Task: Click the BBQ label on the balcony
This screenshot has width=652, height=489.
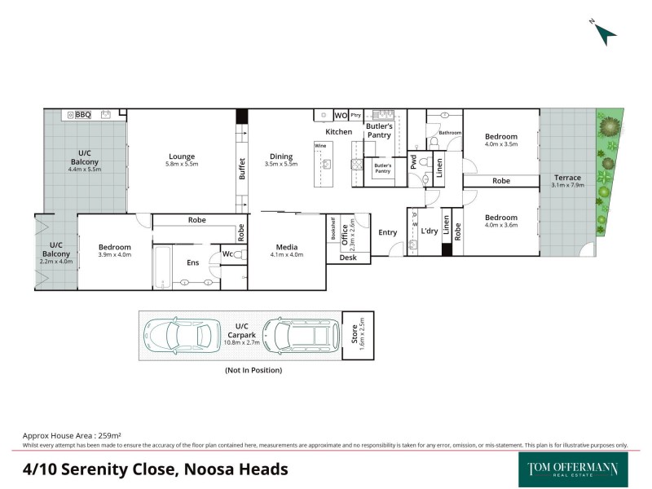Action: point(82,115)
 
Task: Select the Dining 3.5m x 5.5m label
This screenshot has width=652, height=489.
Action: point(281,160)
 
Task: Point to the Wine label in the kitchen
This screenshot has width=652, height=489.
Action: point(319,145)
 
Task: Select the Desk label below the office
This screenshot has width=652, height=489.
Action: point(348,258)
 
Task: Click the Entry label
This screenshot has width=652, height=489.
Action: point(388,233)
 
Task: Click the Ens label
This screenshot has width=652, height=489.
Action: point(193,262)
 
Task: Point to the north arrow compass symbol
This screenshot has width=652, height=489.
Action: point(605,33)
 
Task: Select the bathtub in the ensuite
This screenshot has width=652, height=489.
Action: point(161,266)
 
